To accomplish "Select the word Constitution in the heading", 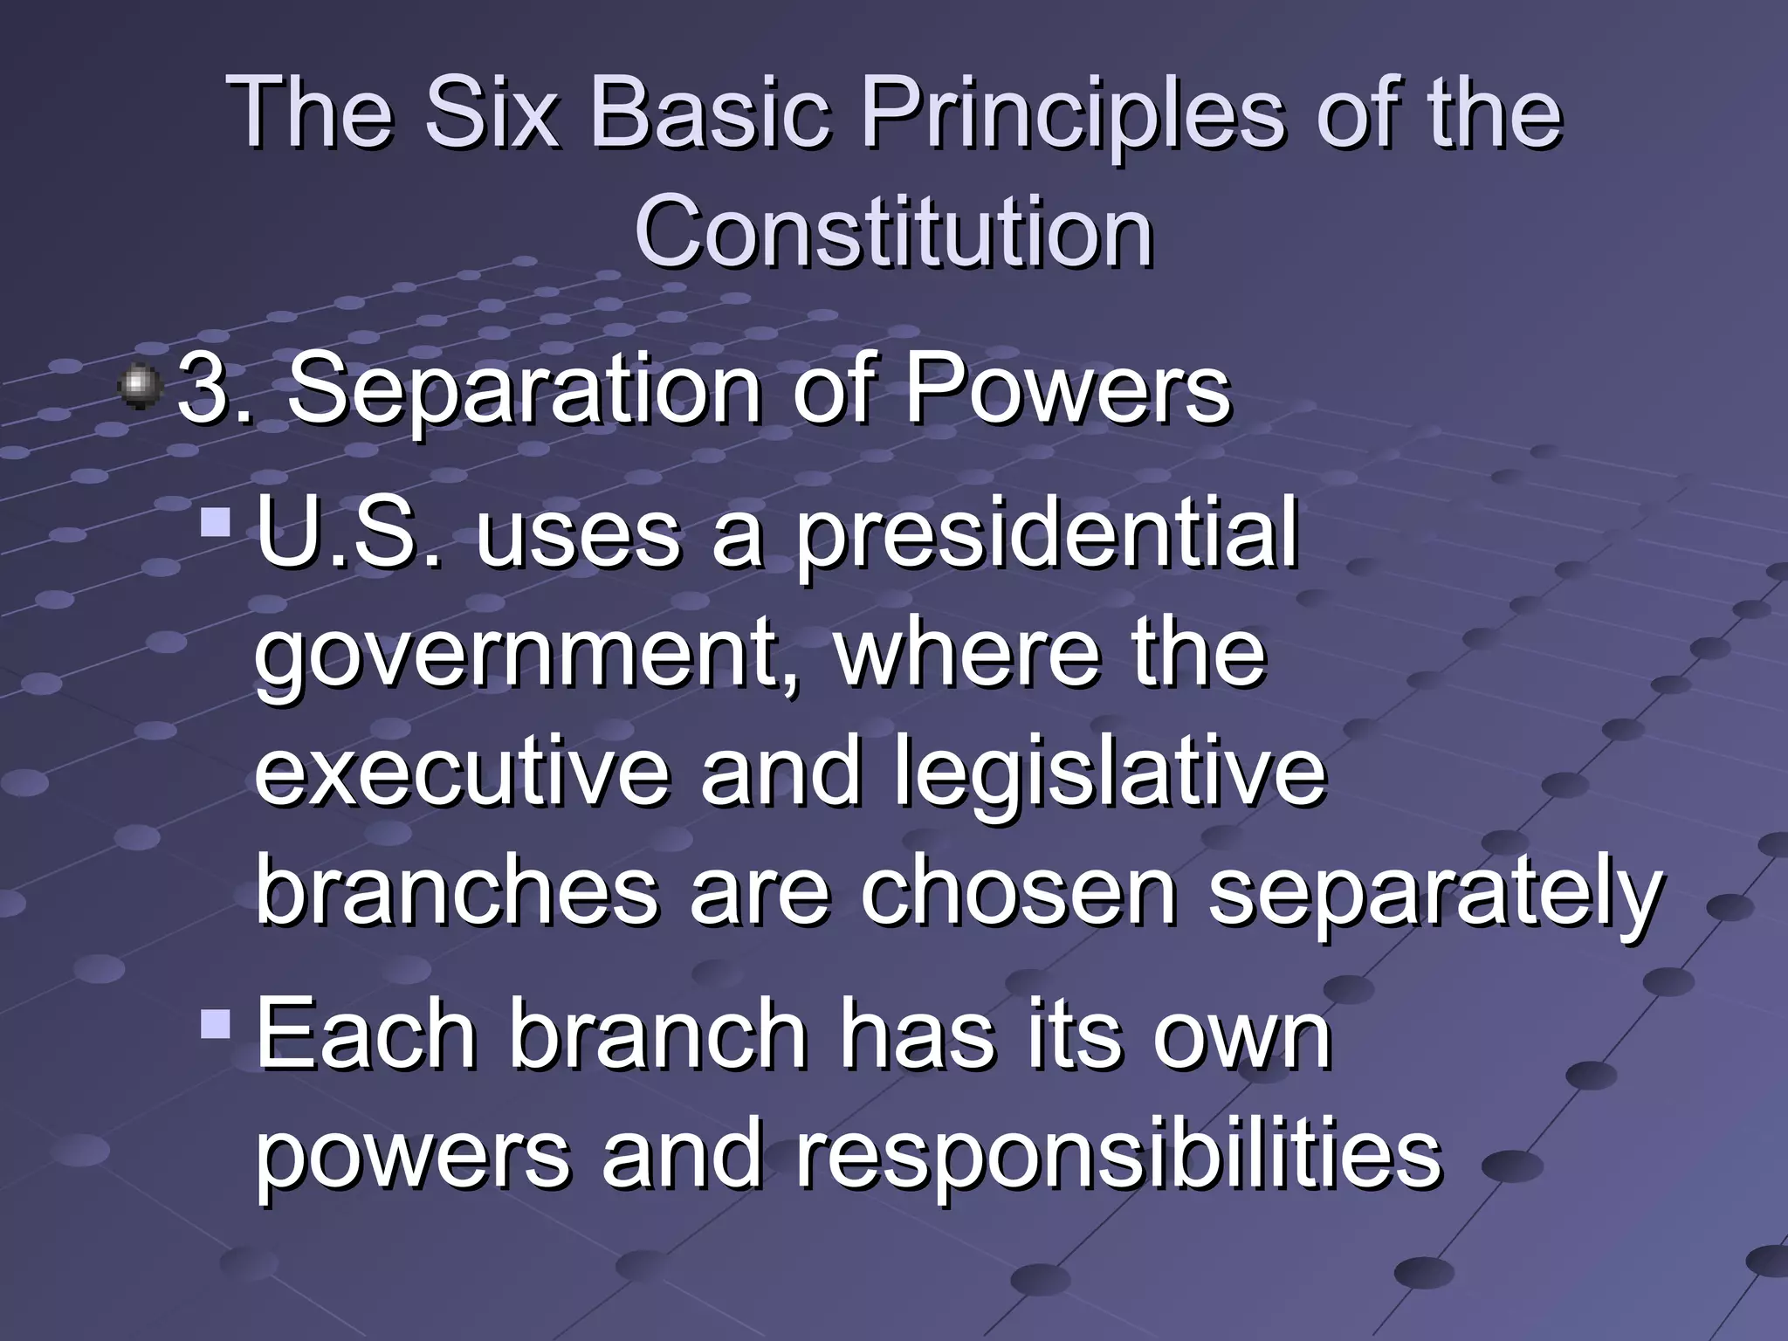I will coord(894,232).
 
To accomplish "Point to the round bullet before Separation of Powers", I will coord(141,387).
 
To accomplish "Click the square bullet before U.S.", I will coord(215,523).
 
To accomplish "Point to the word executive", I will coord(461,772).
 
